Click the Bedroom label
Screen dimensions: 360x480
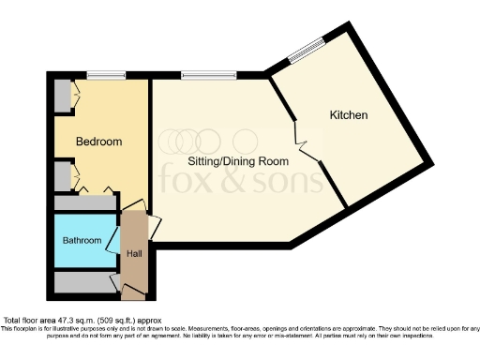[x=98, y=142]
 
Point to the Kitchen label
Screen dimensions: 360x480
[x=348, y=115]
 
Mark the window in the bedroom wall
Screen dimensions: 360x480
[x=100, y=76]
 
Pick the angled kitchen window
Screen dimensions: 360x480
[x=305, y=52]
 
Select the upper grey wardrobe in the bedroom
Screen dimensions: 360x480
[x=63, y=96]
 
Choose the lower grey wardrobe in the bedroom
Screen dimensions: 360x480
[x=63, y=175]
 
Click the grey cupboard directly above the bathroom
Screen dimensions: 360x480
[x=84, y=203]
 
